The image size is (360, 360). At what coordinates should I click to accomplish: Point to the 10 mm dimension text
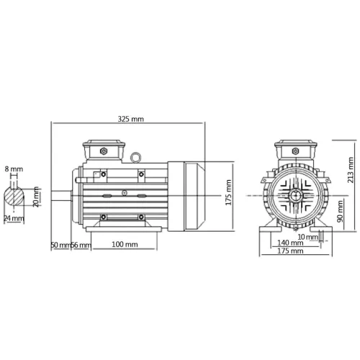pos(307,236)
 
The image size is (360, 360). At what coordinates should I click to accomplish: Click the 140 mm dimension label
pos(290,243)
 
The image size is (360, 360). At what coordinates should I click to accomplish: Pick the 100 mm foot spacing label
pos(125,245)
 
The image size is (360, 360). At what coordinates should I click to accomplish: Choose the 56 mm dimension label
pos(80,245)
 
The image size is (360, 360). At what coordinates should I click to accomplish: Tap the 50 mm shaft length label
pos(60,245)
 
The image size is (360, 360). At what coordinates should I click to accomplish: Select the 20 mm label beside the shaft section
pos(37,197)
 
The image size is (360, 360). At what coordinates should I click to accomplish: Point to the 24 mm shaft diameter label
pos(12,218)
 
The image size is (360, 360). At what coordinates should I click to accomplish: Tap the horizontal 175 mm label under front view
pos(290,251)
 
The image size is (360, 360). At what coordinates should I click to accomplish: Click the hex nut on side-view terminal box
pos(104,151)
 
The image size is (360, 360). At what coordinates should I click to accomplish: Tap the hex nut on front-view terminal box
pos(295,151)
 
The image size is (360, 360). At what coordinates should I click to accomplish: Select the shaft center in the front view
pos(295,195)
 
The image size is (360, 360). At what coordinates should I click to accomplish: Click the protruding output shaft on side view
pos(62,195)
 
